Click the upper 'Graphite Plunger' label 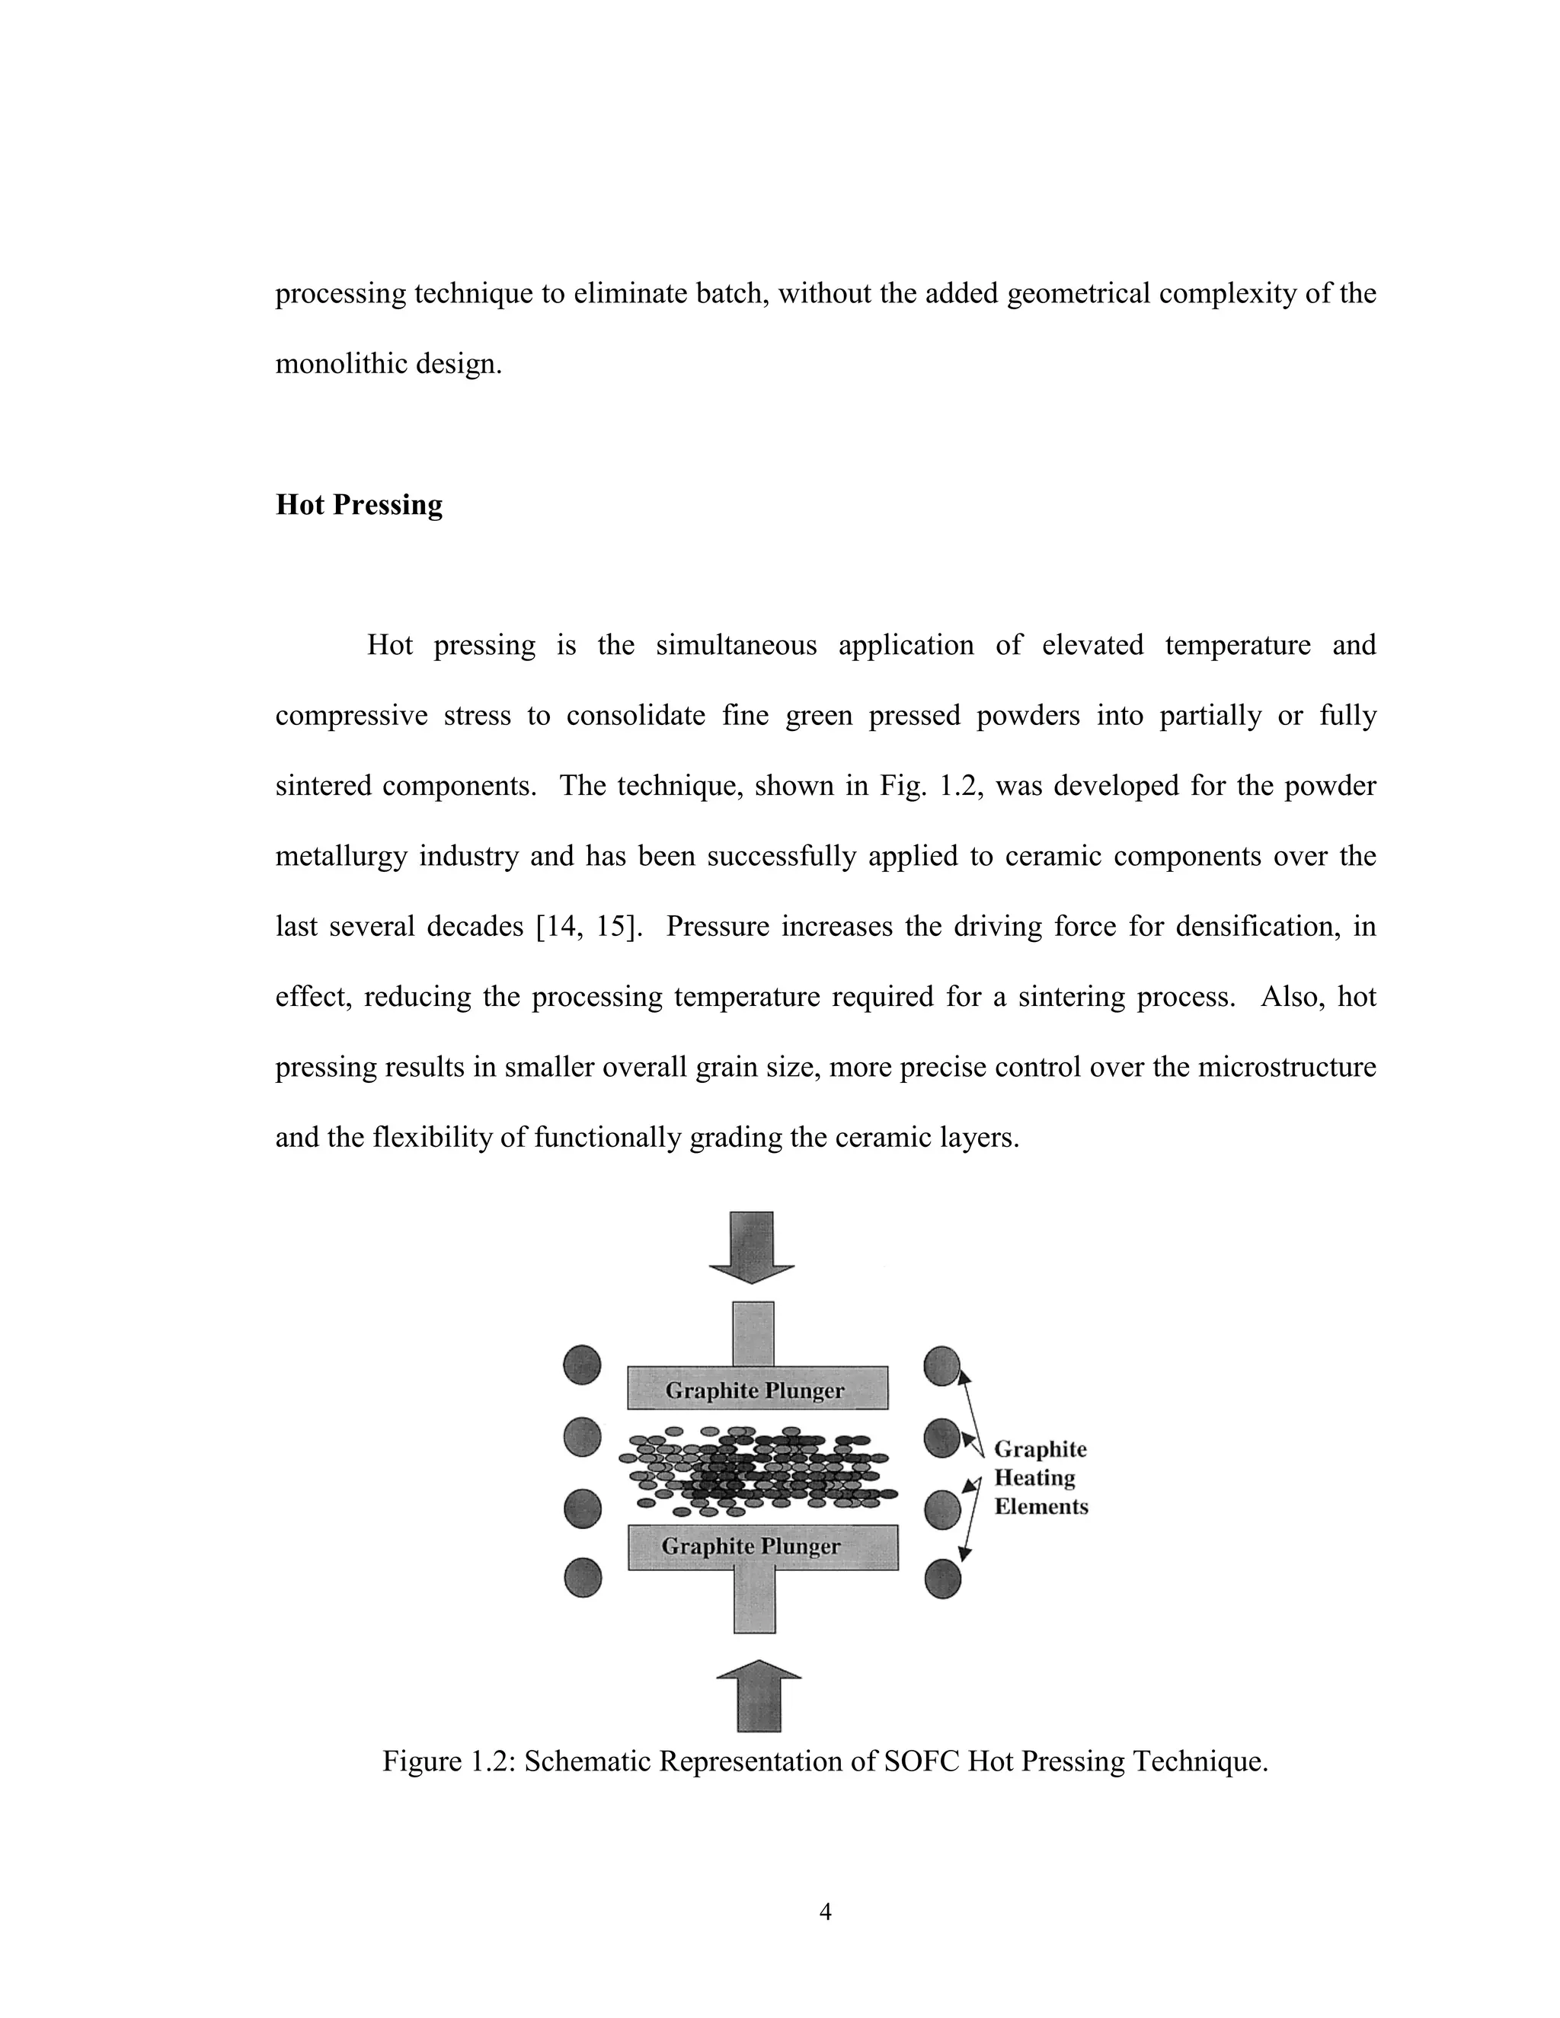pos(755,1391)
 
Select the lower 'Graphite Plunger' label pos(751,1546)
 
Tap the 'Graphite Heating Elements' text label pos(1041,1477)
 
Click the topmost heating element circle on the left pos(582,1365)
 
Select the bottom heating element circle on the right pos(943,1578)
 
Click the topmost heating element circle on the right pos(941,1365)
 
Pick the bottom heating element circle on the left pos(582,1577)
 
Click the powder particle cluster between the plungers pos(755,1470)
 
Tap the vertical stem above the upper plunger pos(753,1333)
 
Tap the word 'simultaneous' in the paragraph pos(736,645)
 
